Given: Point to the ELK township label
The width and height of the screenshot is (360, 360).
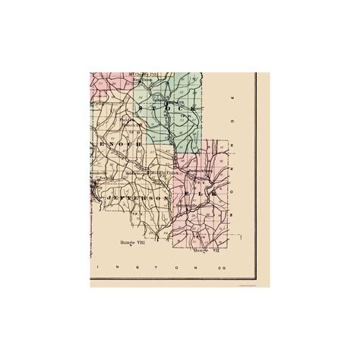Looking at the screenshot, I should pyautogui.click(x=201, y=194).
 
